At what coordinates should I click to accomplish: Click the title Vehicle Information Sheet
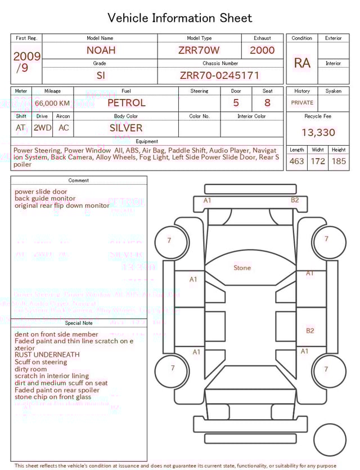pyautogui.click(x=180, y=18)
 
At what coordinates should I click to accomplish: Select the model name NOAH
pyautogui.click(x=101, y=50)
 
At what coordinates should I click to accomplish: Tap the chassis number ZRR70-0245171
pyautogui.click(x=219, y=75)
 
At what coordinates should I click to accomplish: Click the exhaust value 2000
pyautogui.click(x=262, y=50)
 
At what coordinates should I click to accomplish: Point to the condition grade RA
pyautogui.click(x=302, y=63)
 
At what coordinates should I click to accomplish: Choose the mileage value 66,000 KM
pyautogui.click(x=52, y=104)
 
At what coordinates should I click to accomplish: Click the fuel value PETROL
pyautogui.click(x=126, y=103)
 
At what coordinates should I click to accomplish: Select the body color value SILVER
pyautogui.click(x=126, y=128)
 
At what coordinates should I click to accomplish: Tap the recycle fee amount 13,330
pyautogui.click(x=318, y=133)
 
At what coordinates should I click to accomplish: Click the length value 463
pyautogui.click(x=296, y=162)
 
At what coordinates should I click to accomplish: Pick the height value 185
pyautogui.click(x=339, y=162)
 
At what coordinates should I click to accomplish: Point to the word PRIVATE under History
pyautogui.click(x=302, y=103)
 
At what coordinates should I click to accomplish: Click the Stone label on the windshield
pyautogui.click(x=242, y=268)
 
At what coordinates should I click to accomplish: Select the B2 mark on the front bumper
pyautogui.click(x=295, y=200)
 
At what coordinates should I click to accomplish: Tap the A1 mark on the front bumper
pyautogui.click(x=207, y=200)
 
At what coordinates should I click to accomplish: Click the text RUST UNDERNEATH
pyautogui.click(x=47, y=355)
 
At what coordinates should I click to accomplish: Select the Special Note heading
pyautogui.click(x=79, y=323)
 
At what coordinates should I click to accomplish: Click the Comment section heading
pyautogui.click(x=79, y=181)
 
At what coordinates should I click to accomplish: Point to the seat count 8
pyautogui.click(x=267, y=103)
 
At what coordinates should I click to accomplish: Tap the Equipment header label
pyautogui.click(x=147, y=141)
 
